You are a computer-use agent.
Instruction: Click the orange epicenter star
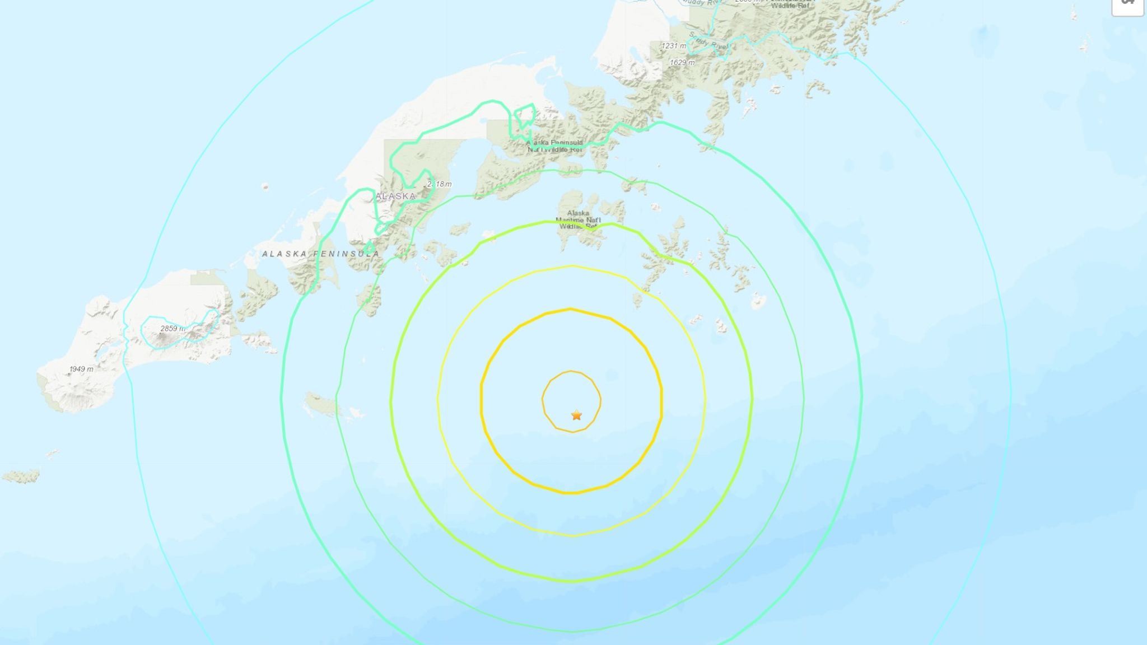tap(576, 415)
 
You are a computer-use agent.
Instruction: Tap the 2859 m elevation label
tap(172, 329)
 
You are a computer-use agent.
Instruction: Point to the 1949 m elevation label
tap(81, 369)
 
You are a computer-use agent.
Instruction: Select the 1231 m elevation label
tap(673, 46)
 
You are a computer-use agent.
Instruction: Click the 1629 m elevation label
tap(682, 63)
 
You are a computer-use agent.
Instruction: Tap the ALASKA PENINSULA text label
tap(320, 254)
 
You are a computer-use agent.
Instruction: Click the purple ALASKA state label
tap(395, 196)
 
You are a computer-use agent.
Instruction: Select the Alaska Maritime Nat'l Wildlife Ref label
tap(578, 219)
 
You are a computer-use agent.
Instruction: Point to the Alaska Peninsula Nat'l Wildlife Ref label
tap(554, 146)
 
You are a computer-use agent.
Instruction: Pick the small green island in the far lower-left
tap(21, 476)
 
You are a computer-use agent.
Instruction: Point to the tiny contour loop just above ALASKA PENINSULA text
tap(369, 247)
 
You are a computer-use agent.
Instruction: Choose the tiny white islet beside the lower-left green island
tap(52, 454)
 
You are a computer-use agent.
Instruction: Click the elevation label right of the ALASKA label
tap(439, 184)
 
